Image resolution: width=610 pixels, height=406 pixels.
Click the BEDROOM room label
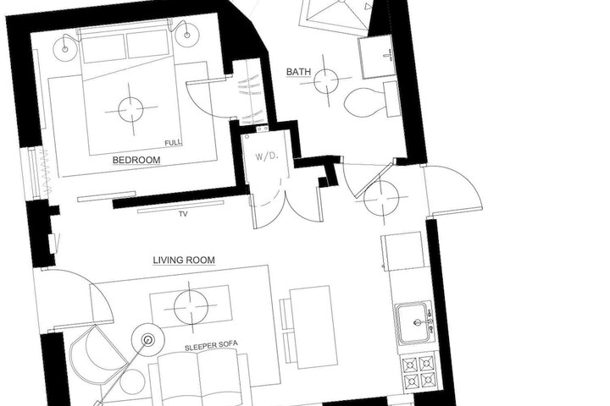(136, 160)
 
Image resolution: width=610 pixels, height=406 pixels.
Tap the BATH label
(298, 72)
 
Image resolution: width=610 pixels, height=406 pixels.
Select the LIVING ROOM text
(184, 260)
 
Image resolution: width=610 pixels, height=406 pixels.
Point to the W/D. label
(267, 156)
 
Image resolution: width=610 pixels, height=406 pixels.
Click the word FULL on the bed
(173, 143)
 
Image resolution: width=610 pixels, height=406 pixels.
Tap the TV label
(183, 214)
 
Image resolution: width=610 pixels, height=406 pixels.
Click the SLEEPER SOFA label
(211, 345)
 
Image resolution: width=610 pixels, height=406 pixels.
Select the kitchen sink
(414, 323)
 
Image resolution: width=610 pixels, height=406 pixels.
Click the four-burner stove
(419, 371)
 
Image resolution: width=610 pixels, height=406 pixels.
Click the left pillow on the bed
(103, 48)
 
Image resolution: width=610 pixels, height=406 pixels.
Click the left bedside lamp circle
(65, 49)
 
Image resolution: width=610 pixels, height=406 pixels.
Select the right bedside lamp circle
(187, 35)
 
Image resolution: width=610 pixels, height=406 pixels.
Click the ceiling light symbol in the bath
(325, 81)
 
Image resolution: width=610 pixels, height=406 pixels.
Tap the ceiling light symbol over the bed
(130, 109)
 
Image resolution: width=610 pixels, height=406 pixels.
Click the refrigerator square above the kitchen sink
(402, 251)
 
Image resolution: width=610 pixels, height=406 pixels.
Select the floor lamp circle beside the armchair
(148, 340)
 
